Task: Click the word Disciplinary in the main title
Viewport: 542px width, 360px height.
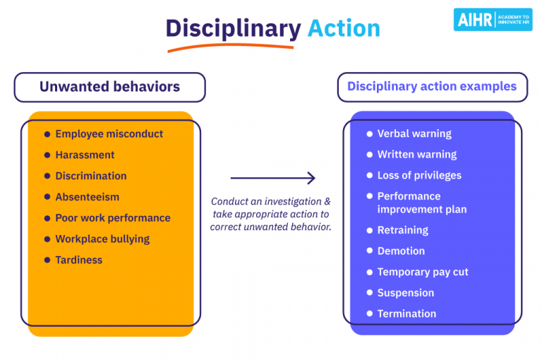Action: [233, 28]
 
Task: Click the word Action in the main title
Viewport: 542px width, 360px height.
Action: [344, 28]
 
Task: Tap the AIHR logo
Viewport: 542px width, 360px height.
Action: [493, 19]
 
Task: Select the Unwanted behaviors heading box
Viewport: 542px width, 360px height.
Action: [109, 88]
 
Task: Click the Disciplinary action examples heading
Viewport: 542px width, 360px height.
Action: [432, 87]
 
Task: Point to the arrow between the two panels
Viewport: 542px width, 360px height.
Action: [272, 179]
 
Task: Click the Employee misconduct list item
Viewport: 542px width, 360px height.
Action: [109, 134]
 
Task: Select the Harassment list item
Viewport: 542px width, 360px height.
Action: [85, 155]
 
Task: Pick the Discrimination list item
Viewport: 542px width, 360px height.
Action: [91, 176]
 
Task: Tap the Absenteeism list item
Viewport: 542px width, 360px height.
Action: [88, 197]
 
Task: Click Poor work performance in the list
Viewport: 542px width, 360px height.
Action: [113, 218]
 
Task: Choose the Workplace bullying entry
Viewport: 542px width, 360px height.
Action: [102, 239]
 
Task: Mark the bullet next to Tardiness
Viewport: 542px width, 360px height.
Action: [47, 260]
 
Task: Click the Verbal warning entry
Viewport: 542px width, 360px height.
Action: [414, 133]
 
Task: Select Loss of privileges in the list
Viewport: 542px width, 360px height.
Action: [419, 175]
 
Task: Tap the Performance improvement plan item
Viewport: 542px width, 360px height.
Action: [421, 203]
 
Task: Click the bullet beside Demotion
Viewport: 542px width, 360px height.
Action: [370, 251]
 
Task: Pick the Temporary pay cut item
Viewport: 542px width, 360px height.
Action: [423, 272]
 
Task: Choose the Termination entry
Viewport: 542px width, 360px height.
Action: [406, 313]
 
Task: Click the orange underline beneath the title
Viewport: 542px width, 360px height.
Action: [230, 47]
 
